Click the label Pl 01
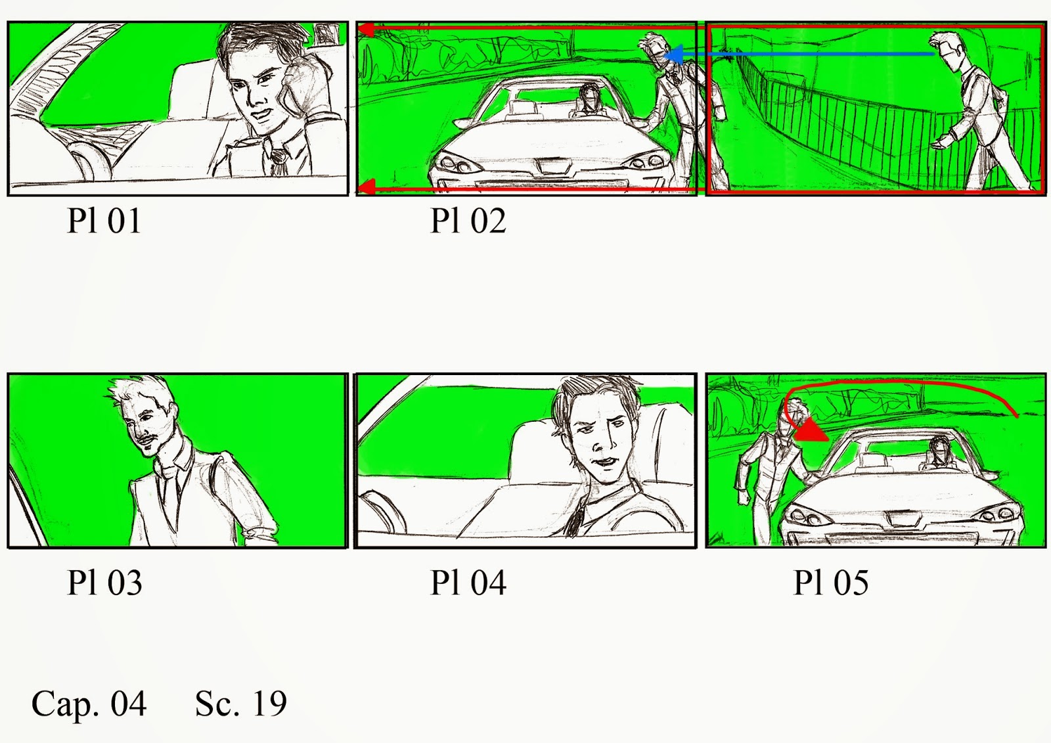pos(104,221)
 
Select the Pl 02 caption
pos(468,221)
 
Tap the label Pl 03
pos(104,583)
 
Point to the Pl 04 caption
pos(468,583)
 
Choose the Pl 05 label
pos(830,583)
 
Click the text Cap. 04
pos(89,703)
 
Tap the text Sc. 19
pos(240,703)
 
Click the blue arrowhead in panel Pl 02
pos(673,55)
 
